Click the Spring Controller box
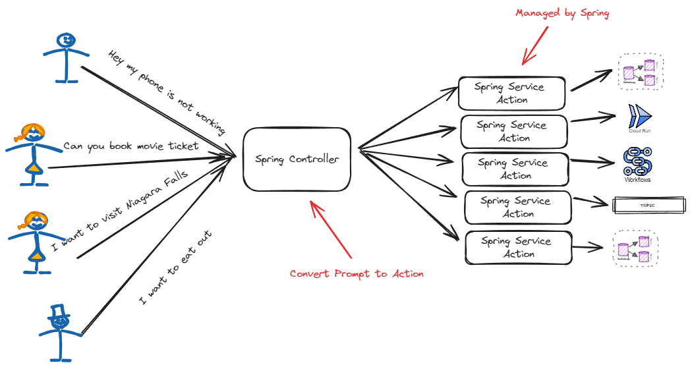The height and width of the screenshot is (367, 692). pos(297,159)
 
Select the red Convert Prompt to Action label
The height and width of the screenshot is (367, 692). pos(357,273)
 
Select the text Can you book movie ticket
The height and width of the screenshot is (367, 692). pos(130,146)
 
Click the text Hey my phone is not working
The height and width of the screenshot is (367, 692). pos(167,92)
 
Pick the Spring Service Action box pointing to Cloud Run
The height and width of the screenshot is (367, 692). pos(513,131)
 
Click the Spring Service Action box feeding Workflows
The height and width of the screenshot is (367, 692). pos(515,169)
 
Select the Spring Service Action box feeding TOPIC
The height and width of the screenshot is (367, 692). pos(517,207)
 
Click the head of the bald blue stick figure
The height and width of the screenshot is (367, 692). pos(66,42)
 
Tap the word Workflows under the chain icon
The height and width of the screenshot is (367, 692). pos(637,180)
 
